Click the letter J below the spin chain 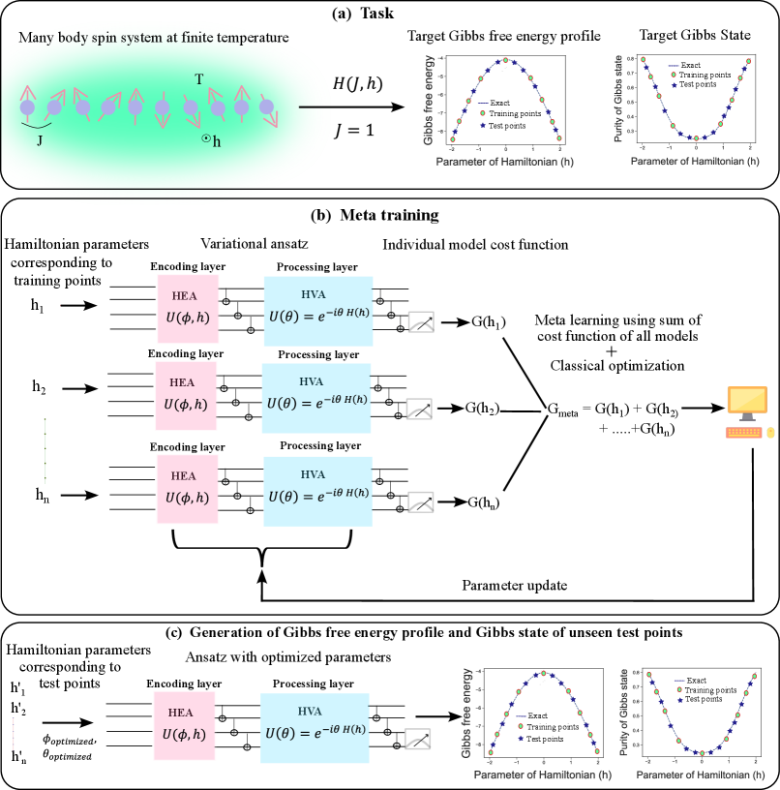tap(40, 140)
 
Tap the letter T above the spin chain tap(199, 79)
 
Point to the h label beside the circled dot tap(217, 142)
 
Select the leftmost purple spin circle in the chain tap(27, 107)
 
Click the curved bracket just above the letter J tap(36, 124)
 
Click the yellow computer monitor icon tap(747, 401)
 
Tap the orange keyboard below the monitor tap(744, 433)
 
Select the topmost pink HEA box tap(188, 309)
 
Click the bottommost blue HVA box tap(315, 728)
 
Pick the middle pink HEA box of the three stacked tap(186, 396)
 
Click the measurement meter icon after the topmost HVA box tap(421, 322)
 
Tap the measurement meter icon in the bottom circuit tap(417, 739)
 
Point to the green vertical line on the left tap(45, 450)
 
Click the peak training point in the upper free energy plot tap(505, 60)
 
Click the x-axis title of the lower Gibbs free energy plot tap(542, 775)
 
